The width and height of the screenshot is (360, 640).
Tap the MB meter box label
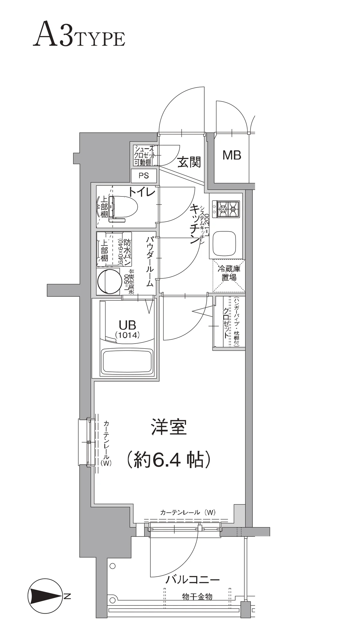click(232, 155)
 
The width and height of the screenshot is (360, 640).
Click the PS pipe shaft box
click(144, 176)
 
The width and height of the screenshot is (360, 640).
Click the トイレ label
click(142, 192)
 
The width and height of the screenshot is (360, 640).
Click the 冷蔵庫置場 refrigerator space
click(229, 273)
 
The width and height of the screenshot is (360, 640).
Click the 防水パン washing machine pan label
click(127, 252)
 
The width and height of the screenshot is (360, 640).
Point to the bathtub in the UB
click(127, 361)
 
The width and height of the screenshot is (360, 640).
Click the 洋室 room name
click(169, 427)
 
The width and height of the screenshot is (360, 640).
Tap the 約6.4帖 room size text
click(168, 459)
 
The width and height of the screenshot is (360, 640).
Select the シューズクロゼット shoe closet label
click(145, 156)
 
